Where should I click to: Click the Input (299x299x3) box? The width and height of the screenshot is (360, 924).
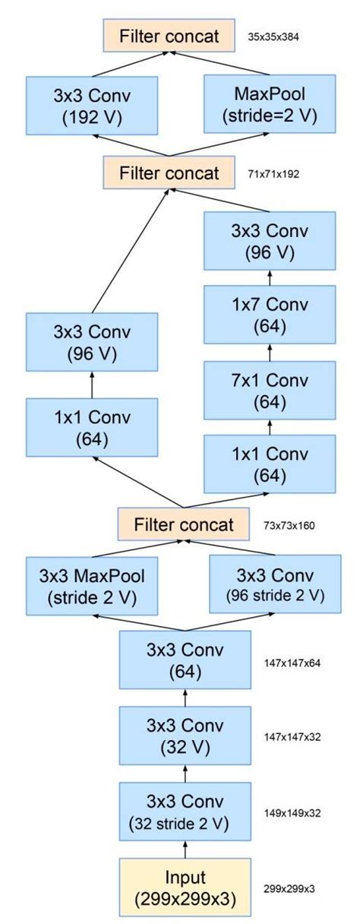click(x=184, y=886)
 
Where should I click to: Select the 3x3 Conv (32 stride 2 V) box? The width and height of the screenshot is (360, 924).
click(x=184, y=812)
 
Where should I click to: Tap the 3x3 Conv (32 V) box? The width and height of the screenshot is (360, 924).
click(x=184, y=736)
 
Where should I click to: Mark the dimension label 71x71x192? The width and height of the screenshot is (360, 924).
click(x=273, y=174)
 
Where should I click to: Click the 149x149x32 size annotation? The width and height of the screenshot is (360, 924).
click(x=292, y=812)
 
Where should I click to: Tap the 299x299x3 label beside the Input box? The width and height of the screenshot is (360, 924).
click(x=289, y=886)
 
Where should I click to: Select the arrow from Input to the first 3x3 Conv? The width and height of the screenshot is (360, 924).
click(x=184, y=849)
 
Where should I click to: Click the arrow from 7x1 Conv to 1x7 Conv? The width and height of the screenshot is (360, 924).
click(x=270, y=351)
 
